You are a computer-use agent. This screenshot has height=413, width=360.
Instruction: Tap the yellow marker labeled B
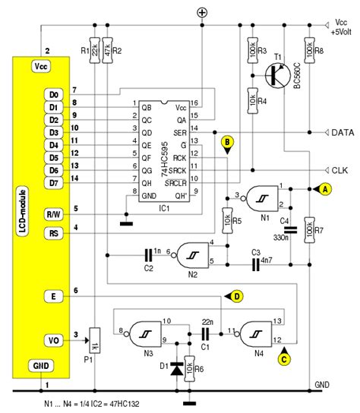(x=226, y=142)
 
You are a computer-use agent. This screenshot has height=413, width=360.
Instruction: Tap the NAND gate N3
(x=146, y=331)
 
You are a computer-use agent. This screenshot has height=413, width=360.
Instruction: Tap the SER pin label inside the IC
(x=180, y=133)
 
